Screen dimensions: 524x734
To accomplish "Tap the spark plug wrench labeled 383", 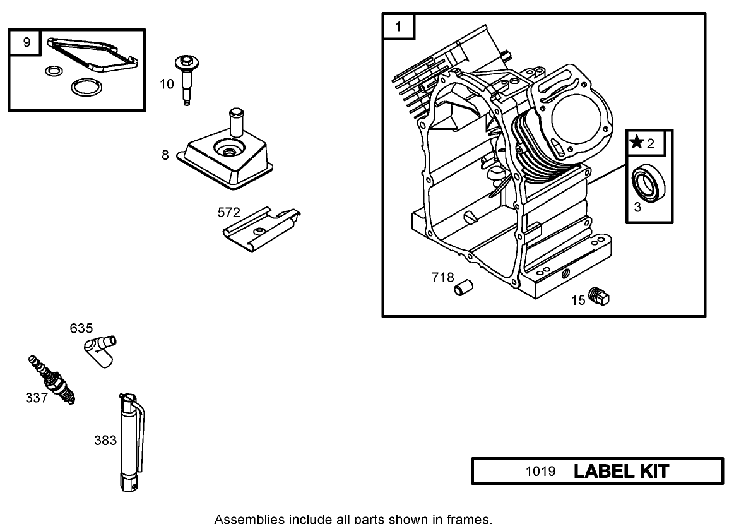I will click(x=129, y=442).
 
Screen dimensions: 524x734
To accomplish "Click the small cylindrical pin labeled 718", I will click(x=463, y=289).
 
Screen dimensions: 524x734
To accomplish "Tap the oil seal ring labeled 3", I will click(x=648, y=182).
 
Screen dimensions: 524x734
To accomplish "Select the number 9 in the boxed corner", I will click(x=26, y=42).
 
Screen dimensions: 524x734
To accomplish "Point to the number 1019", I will click(x=541, y=472).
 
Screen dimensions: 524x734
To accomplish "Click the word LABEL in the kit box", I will click(x=600, y=471).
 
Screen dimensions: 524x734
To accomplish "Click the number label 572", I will click(x=228, y=213).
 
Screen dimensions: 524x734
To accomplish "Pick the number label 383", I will click(x=105, y=441).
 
